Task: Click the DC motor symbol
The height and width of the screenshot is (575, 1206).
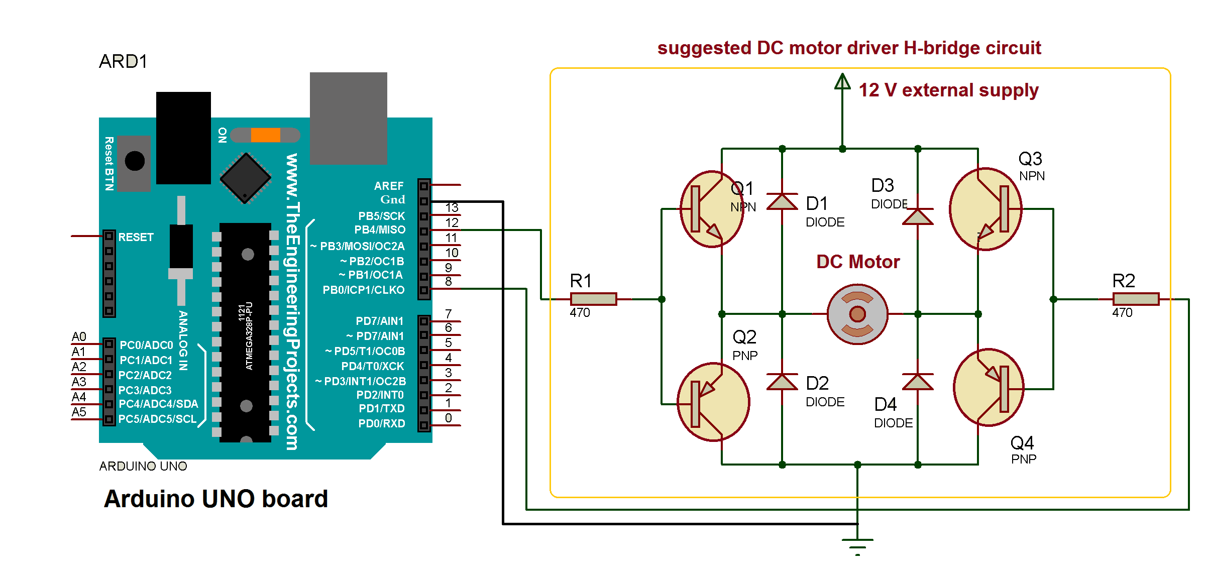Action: pos(857,314)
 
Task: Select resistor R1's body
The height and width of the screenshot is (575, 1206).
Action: pos(593,299)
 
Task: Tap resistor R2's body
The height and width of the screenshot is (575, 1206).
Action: pos(1136,299)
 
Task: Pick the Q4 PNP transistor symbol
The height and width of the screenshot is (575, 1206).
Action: pos(989,388)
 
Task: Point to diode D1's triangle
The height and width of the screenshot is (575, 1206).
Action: pos(782,202)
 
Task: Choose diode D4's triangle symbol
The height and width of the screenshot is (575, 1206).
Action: pos(918,382)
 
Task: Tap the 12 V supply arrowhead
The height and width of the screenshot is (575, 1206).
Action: pos(842,81)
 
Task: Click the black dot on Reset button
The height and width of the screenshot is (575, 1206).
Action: pos(135,161)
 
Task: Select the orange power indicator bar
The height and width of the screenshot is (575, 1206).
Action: pos(265,135)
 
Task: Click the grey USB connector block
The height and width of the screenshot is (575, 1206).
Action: pos(348,118)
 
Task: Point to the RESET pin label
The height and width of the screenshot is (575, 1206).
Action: pos(136,237)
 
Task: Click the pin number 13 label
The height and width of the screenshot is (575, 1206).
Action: pos(452,207)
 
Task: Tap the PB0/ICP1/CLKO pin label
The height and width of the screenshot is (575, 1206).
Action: pos(363,290)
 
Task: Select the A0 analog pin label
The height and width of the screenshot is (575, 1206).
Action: pos(79,336)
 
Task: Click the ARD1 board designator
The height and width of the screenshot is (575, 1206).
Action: pos(123,61)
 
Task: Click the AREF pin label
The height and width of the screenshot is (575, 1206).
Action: pos(388,186)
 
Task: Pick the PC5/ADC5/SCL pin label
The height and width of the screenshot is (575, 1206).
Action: pos(157,419)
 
